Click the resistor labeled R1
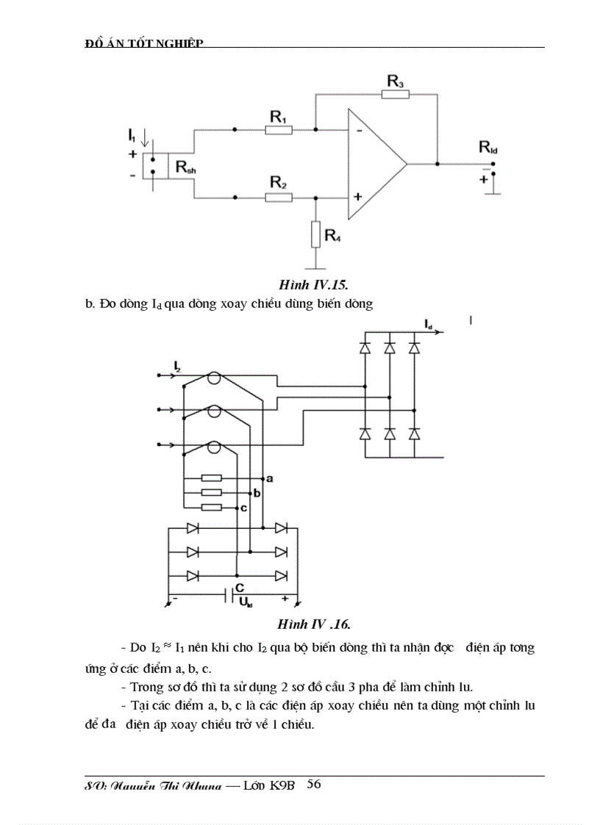(x=279, y=130)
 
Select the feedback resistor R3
(x=396, y=94)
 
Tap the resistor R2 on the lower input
(x=279, y=197)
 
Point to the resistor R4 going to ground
(x=315, y=234)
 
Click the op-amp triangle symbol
(x=374, y=164)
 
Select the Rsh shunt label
(x=185, y=167)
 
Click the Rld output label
(x=488, y=148)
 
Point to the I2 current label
(x=178, y=365)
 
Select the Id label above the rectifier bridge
(x=428, y=323)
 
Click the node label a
(x=270, y=479)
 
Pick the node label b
(x=257, y=493)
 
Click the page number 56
(x=313, y=784)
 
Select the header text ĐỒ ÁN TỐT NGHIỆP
(x=144, y=43)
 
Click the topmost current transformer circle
(x=213, y=379)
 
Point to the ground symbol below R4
(x=315, y=266)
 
